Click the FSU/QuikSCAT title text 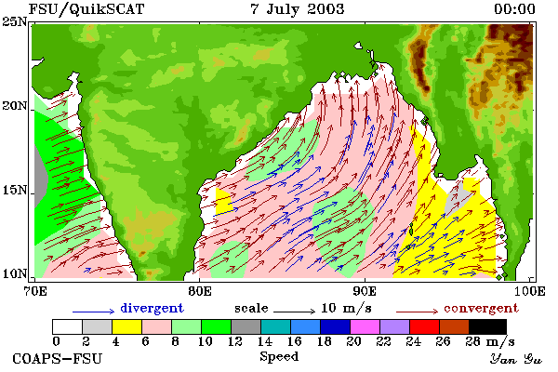86,9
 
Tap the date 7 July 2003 298,9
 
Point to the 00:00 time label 514,9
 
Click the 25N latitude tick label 15,22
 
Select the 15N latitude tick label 15,190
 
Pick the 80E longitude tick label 200,291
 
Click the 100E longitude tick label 530,291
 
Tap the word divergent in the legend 152,308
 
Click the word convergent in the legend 481,308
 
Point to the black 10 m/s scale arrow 294,312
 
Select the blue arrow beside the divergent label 94,312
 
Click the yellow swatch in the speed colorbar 126,326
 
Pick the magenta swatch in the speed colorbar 365,326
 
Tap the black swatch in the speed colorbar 487,326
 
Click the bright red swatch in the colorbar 425,326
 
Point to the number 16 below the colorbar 294,341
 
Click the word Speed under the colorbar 279,357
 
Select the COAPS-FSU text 58,358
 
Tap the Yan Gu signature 515,359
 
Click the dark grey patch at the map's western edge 40,176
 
